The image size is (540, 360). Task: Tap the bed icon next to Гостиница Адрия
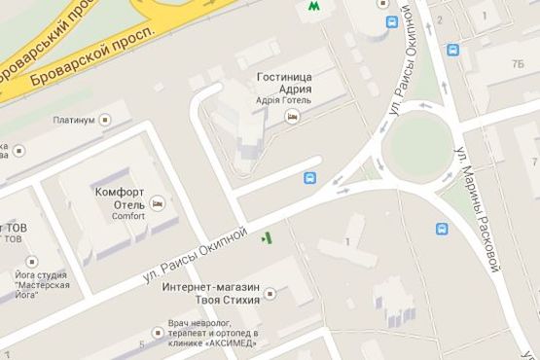pyautogui.click(x=291, y=116)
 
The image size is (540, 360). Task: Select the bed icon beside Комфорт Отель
pyautogui.click(x=156, y=204)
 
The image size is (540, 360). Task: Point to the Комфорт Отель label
pyautogui.click(x=120, y=198)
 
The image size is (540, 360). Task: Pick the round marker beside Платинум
pyautogui.click(x=105, y=121)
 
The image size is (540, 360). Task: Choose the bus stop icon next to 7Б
pyautogui.click(x=452, y=50)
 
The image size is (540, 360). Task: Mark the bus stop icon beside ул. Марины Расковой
pyautogui.click(x=442, y=230)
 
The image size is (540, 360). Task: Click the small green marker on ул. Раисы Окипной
pyautogui.click(x=268, y=236)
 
